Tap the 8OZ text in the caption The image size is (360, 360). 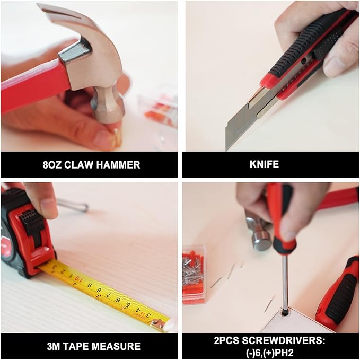(x=52, y=165)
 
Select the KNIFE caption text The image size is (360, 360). (x=264, y=165)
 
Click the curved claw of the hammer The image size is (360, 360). (x=58, y=13)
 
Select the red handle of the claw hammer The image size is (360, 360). (x=32, y=85)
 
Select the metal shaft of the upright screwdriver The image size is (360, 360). (x=285, y=281)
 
